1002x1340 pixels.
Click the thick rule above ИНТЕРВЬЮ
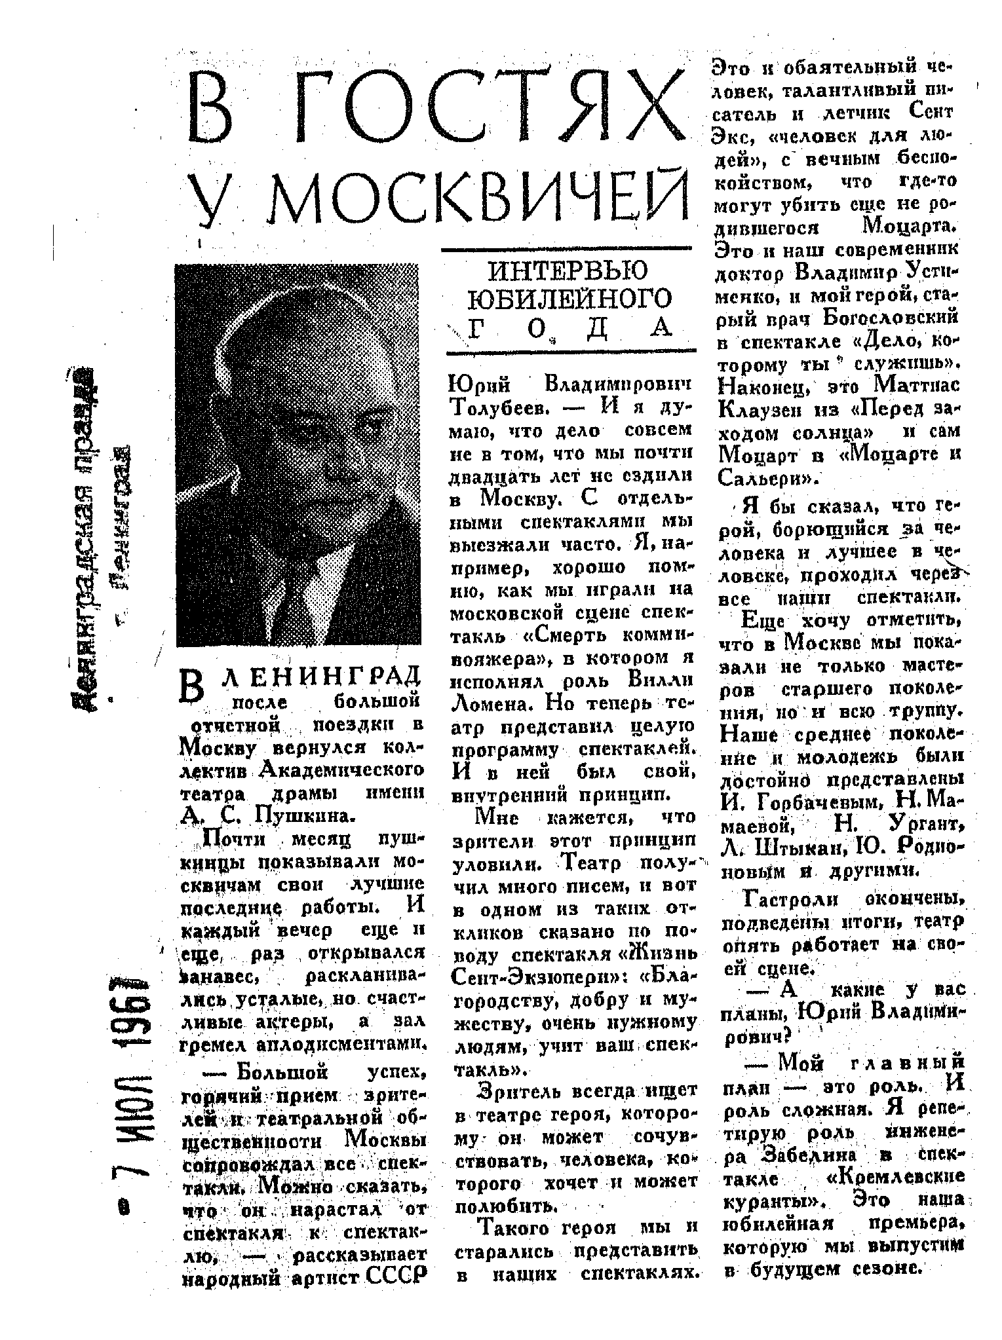point(566,250)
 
